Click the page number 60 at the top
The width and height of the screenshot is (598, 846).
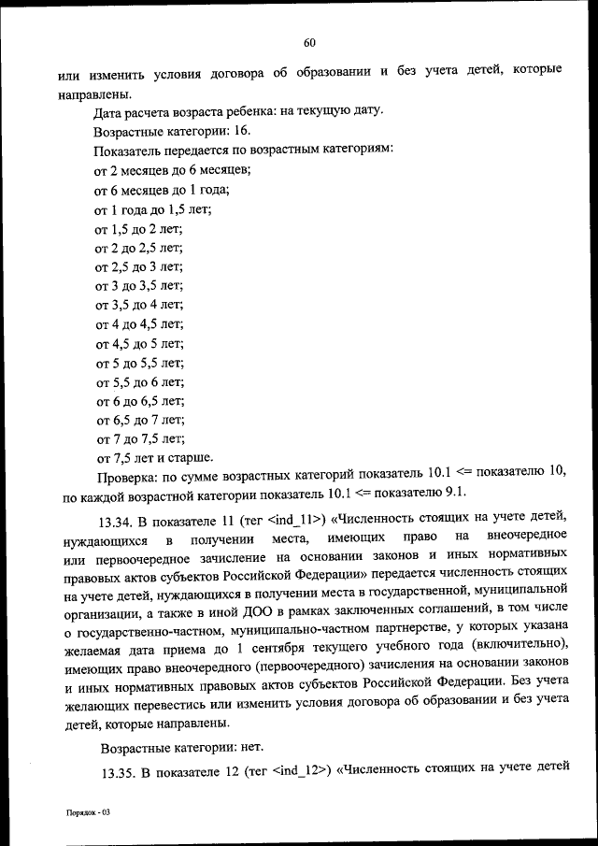310,41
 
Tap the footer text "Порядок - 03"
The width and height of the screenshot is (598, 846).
87,813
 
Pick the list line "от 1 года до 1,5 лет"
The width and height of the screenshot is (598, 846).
153,209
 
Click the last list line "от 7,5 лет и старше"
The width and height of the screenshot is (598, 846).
154,458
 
